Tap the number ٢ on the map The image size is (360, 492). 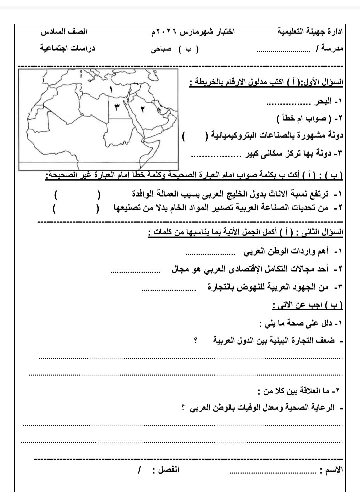142,109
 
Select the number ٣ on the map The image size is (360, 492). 117,107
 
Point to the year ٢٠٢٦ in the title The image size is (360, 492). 167,32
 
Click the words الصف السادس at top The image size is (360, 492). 64,32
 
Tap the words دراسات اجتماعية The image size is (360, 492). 68,48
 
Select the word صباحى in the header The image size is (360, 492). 161,49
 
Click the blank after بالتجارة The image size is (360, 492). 168,290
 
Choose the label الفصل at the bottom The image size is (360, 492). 169,470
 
